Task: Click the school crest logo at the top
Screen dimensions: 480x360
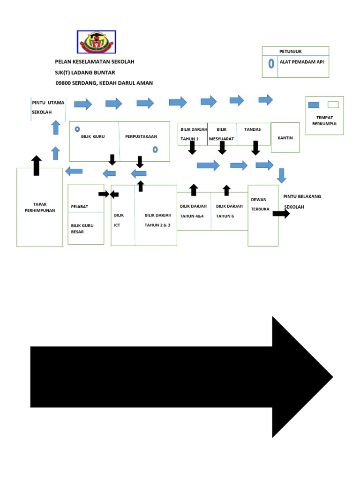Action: point(96,42)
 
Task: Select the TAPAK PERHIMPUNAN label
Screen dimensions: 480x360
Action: point(40,207)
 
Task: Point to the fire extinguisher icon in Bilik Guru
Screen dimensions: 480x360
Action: point(77,129)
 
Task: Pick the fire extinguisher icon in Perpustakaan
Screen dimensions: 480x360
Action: point(155,150)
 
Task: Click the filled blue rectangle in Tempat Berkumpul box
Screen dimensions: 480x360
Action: point(314,105)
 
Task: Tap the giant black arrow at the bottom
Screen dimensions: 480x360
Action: point(182,377)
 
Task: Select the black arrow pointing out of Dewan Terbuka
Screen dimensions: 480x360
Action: point(281,213)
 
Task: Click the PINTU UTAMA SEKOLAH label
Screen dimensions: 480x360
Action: point(48,107)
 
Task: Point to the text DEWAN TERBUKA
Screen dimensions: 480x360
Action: point(260,204)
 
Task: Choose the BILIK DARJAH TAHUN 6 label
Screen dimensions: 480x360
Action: point(229,211)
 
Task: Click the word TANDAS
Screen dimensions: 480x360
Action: point(253,129)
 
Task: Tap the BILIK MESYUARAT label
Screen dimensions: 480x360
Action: point(221,134)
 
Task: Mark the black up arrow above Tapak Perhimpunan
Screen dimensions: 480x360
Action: point(37,165)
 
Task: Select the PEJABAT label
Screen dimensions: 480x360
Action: point(79,206)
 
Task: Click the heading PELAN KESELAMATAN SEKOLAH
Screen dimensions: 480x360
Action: point(97,62)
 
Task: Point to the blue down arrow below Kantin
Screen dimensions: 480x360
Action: point(281,175)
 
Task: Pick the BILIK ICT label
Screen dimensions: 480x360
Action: point(119,220)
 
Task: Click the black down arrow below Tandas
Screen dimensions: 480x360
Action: point(255,148)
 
